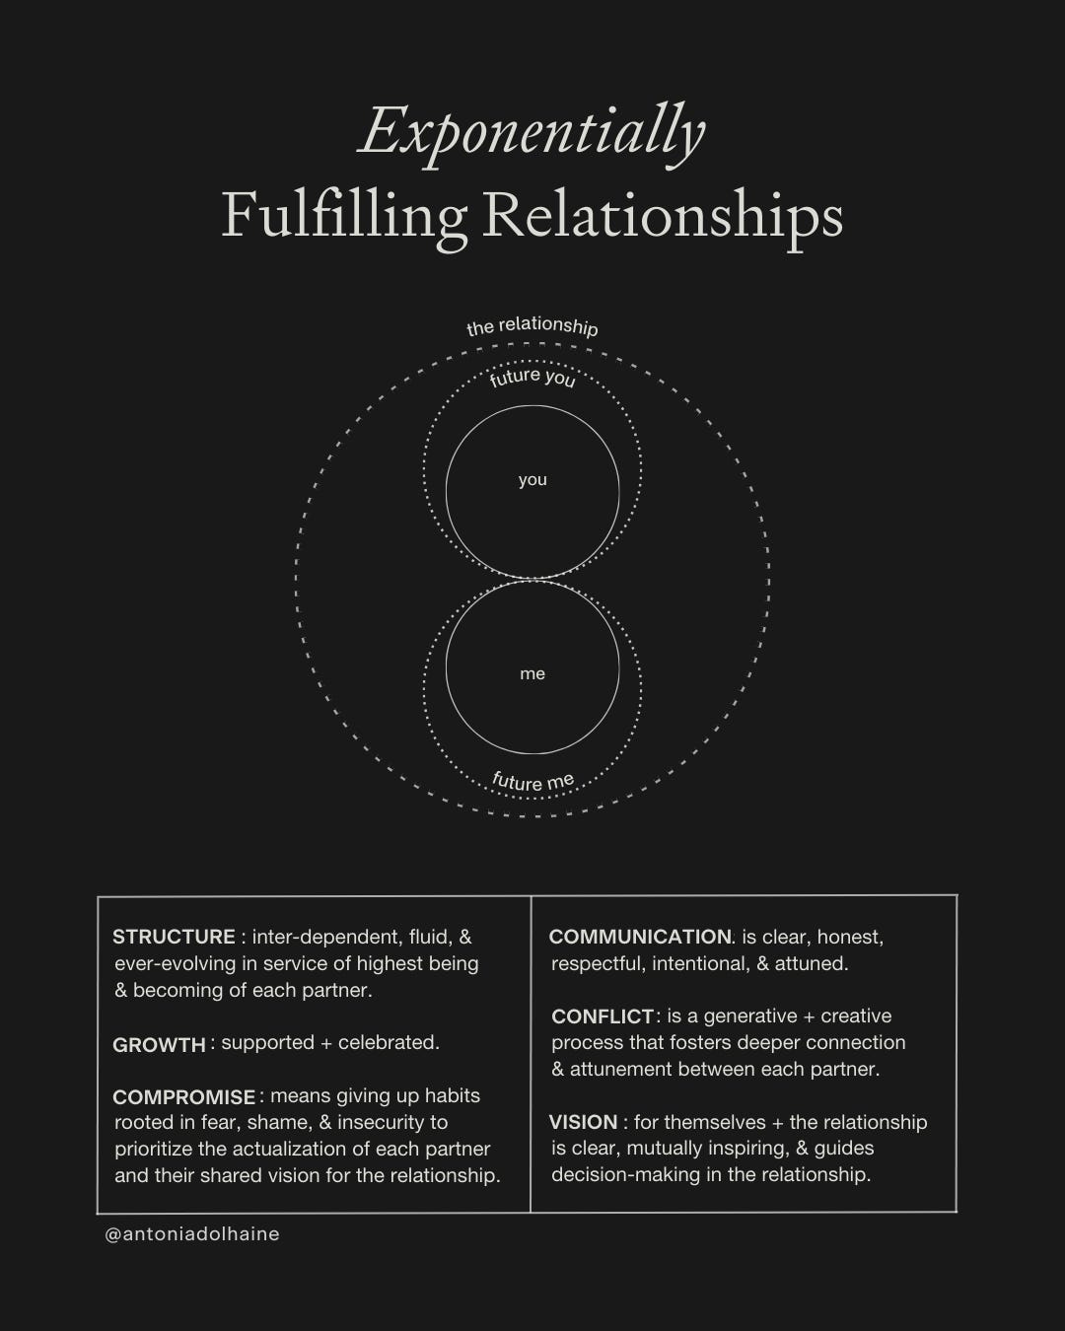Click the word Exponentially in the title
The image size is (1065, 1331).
[x=532, y=132]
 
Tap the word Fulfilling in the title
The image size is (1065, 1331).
[x=344, y=215]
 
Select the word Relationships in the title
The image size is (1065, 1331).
[x=663, y=215]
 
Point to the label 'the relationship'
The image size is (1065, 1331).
[x=532, y=326]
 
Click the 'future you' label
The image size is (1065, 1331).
[x=532, y=377]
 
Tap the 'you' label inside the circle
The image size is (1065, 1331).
[x=532, y=480]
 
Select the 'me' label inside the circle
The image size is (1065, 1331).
[x=532, y=674]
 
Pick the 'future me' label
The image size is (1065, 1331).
[x=532, y=782]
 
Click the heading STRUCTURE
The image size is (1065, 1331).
[x=174, y=938]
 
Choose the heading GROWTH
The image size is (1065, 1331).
[x=159, y=1045]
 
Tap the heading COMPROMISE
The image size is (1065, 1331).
[x=183, y=1097]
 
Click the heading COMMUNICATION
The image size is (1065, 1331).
[x=639, y=938]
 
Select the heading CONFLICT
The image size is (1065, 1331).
[x=603, y=1016]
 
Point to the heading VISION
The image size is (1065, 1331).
[x=583, y=1123]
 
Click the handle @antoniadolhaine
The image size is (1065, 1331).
[x=192, y=1234]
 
